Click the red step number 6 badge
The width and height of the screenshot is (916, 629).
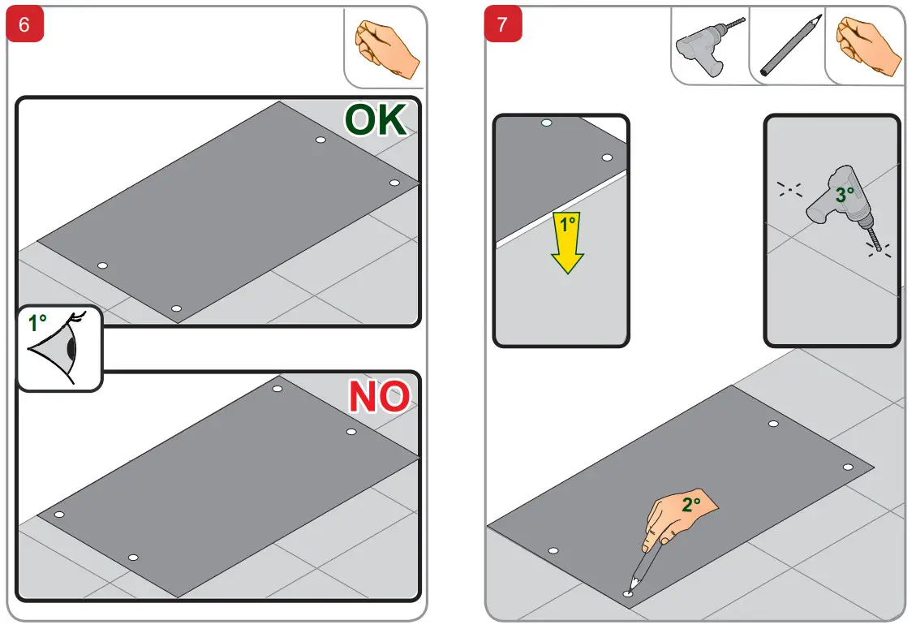[24, 24]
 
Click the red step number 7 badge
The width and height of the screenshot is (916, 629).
[502, 24]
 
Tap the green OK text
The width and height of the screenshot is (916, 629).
[375, 120]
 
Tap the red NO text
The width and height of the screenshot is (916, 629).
[379, 396]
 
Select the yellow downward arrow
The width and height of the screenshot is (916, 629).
[567, 242]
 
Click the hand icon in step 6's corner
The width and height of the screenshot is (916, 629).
[387, 50]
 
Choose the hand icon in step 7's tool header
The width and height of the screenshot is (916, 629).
[867, 47]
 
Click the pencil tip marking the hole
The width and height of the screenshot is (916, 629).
[631, 587]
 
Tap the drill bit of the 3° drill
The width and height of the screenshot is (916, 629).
[874, 239]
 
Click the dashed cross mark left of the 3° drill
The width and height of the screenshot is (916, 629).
[789, 189]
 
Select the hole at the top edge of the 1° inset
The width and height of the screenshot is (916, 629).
[547, 123]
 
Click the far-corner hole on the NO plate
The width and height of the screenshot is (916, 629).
[277, 389]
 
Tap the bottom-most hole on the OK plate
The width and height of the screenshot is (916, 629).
[176, 308]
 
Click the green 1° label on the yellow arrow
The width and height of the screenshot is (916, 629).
[567, 224]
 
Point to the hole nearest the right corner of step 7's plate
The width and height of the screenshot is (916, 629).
[848, 467]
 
